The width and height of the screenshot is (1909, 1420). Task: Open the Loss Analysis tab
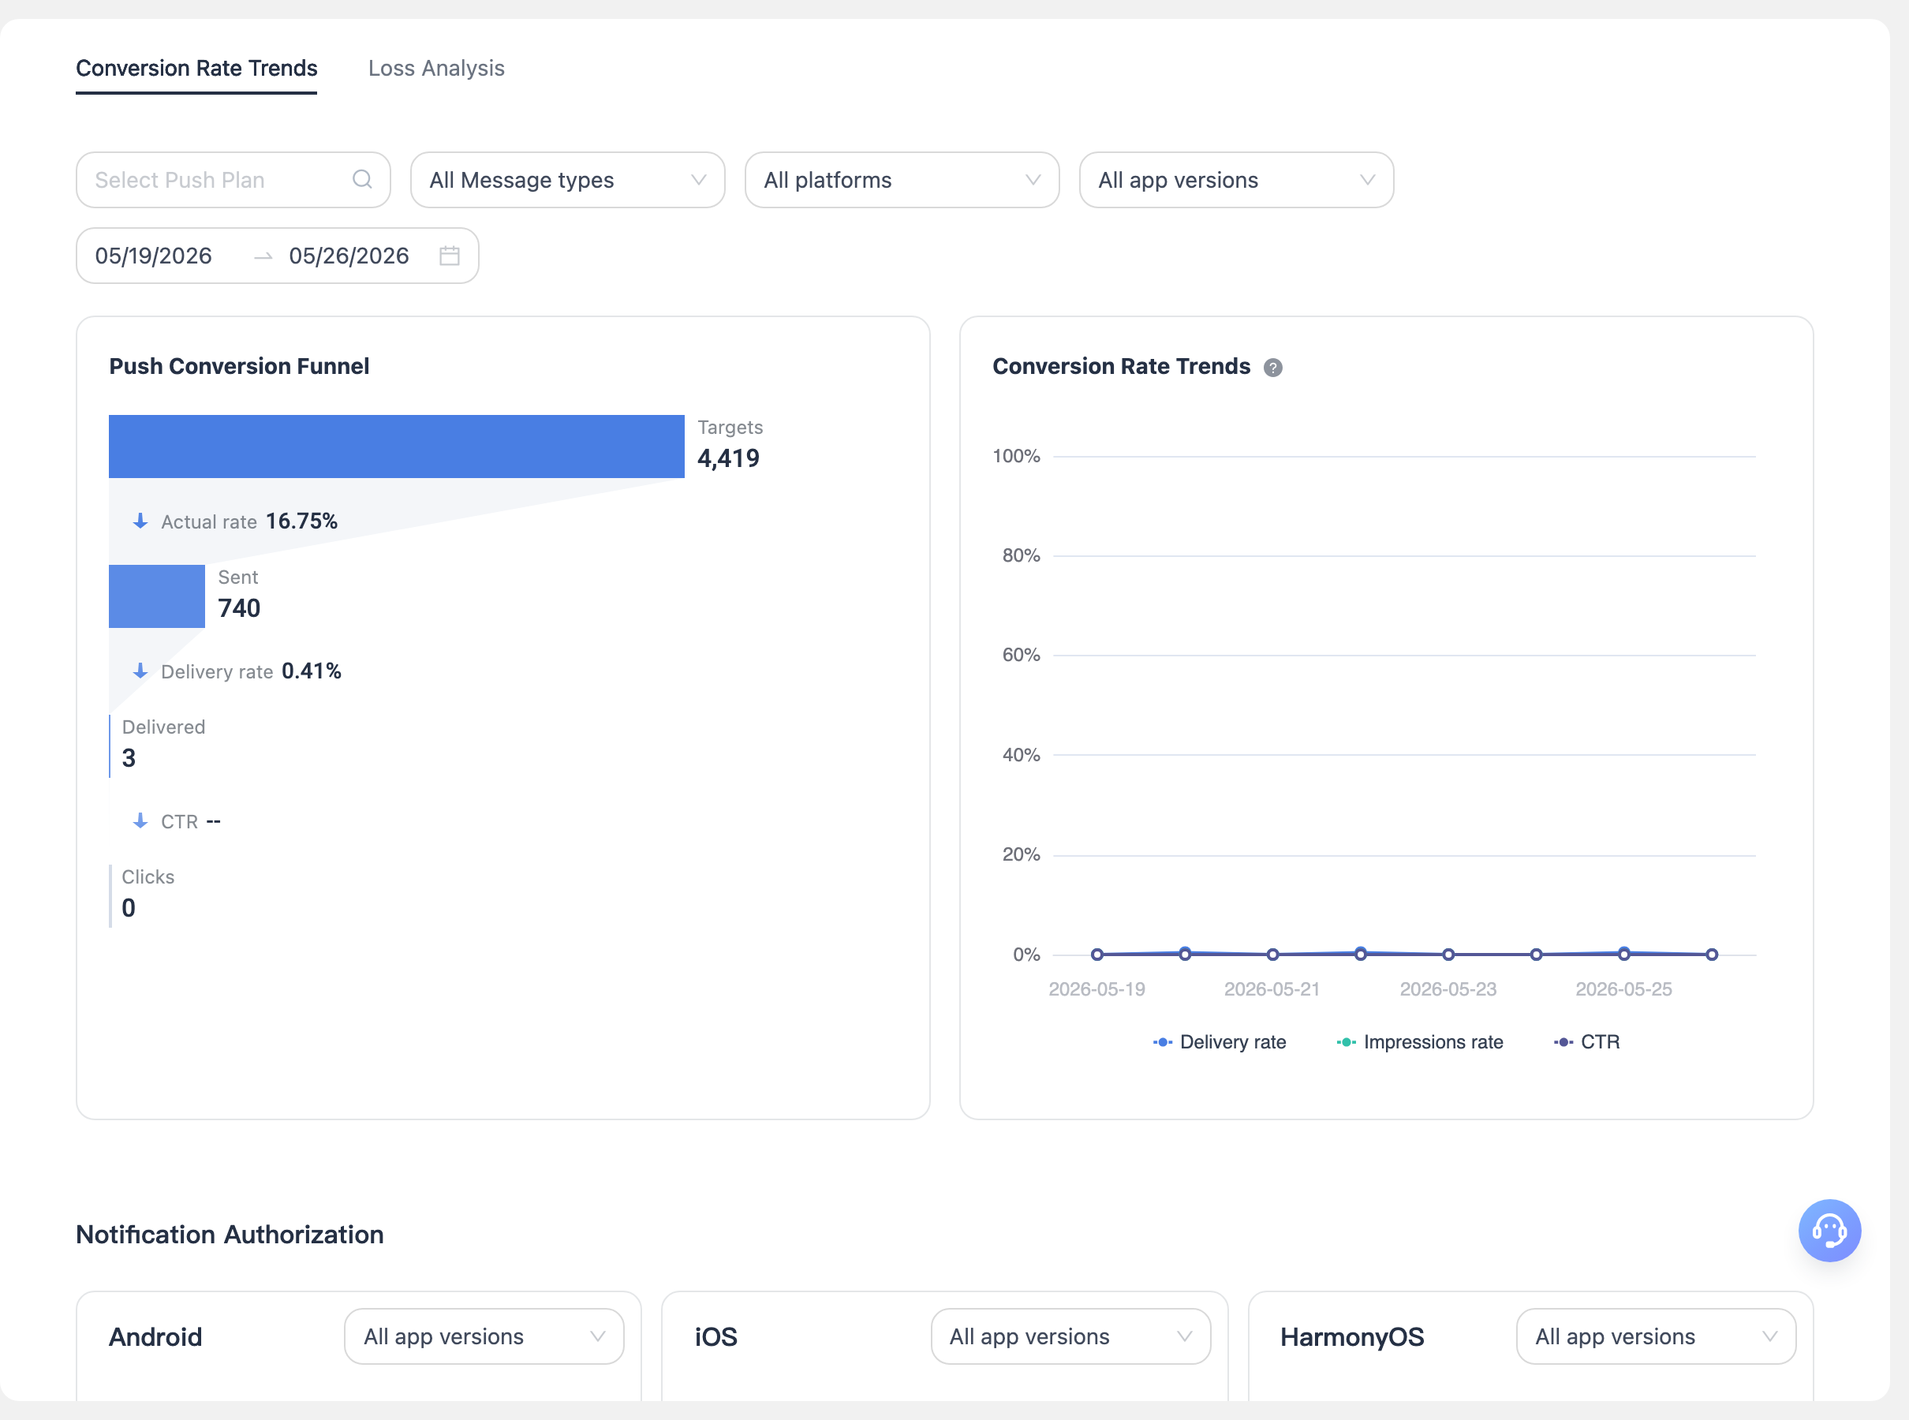(435, 68)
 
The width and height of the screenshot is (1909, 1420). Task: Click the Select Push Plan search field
(233, 180)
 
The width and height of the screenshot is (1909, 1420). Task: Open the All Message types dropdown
(567, 180)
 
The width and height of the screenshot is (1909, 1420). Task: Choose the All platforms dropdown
(902, 180)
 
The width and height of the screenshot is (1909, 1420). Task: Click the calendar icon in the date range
(450, 256)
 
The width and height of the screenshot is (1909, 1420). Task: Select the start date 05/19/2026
(153, 256)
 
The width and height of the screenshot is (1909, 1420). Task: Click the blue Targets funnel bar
(396, 446)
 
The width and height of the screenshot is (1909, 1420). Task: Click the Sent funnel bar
(156, 596)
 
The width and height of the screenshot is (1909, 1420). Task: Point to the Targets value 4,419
(728, 458)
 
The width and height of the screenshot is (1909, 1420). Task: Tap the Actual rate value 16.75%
(301, 521)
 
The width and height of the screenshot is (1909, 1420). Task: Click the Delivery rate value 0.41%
(311, 671)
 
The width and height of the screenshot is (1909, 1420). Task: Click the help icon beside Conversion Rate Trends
(1273, 367)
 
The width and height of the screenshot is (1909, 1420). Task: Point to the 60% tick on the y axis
(1021, 655)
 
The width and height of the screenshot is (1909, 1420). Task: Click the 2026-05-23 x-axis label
(1448, 988)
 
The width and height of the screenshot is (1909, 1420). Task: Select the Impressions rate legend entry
(1420, 1042)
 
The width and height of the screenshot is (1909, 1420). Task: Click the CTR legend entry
(1586, 1042)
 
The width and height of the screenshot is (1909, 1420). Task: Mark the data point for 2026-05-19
(1096, 954)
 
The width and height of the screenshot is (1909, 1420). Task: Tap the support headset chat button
(1829, 1230)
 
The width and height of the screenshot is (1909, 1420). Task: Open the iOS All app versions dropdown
(1070, 1336)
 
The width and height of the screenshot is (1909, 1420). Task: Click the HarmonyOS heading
(1352, 1336)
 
